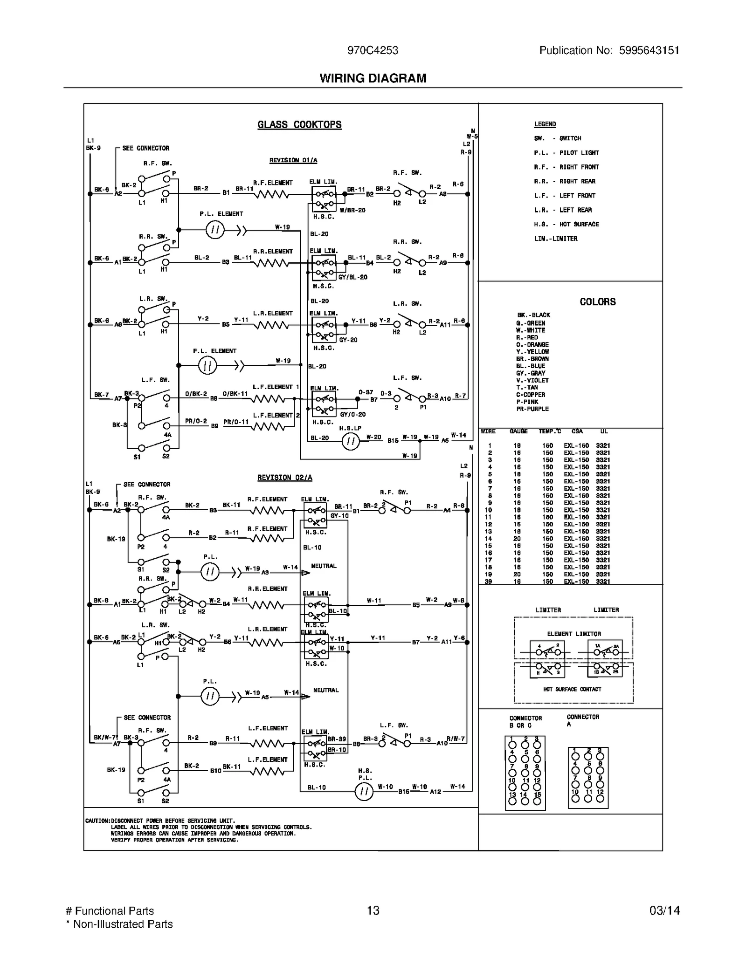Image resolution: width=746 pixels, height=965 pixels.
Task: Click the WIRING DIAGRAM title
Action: [373, 78]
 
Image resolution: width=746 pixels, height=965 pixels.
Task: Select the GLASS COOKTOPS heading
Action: [299, 125]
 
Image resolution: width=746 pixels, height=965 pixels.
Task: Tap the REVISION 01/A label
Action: [293, 161]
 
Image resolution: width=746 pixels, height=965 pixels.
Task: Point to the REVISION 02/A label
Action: [284, 478]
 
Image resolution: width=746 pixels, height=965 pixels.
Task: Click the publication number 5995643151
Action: [649, 50]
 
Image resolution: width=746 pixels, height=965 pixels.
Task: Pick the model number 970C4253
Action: [373, 50]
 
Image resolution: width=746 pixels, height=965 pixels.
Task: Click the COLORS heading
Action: [597, 302]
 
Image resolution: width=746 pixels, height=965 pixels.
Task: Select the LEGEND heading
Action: [545, 124]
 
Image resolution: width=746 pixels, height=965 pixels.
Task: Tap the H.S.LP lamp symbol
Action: [351, 441]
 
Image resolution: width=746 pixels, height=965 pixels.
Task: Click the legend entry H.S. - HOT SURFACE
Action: [566, 224]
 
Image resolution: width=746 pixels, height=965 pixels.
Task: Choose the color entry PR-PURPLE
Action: [532, 409]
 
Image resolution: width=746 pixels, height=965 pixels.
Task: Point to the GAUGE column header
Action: [518, 431]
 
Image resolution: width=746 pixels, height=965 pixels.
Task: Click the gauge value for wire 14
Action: [517, 539]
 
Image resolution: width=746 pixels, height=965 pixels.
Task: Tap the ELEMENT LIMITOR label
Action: [574, 634]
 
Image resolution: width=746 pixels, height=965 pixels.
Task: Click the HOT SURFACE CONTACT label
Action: [572, 689]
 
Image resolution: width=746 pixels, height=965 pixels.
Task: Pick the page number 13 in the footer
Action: [373, 910]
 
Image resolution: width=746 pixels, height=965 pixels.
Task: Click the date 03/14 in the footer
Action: [664, 910]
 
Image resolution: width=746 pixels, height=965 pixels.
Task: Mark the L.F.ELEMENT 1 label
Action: [276, 387]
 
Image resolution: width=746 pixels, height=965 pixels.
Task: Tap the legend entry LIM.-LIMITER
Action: [555, 239]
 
